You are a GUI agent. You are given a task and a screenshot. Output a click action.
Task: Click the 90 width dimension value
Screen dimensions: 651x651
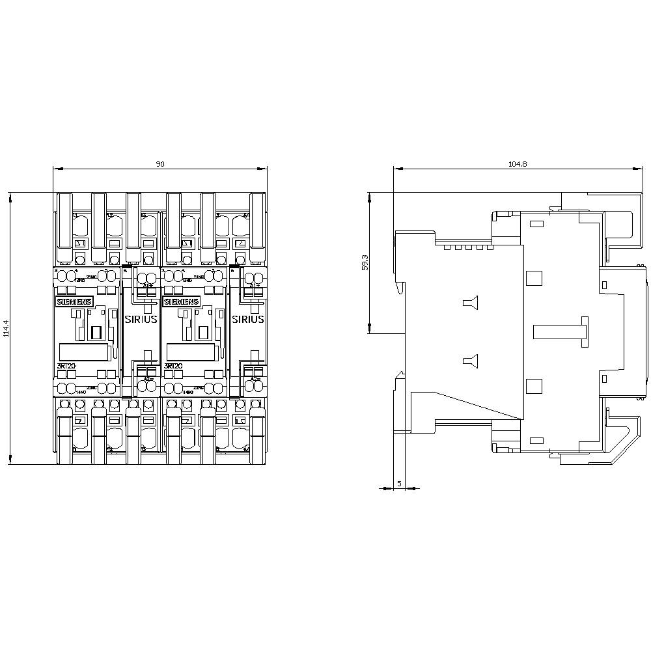tap(159, 165)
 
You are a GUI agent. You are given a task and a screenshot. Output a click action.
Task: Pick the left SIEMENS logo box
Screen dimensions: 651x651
tap(75, 302)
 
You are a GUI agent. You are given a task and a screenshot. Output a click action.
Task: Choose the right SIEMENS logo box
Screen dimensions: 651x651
tap(182, 302)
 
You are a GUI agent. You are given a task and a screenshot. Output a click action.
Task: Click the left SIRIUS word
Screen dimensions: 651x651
tap(140, 320)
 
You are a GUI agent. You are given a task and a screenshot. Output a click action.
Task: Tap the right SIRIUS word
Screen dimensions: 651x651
tap(248, 320)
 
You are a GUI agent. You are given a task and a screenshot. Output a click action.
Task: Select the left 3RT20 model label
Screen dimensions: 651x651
tap(66, 366)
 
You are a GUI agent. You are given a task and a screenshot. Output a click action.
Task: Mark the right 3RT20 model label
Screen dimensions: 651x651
tap(173, 366)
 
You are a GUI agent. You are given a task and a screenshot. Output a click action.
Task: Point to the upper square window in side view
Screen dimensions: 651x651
tap(534, 279)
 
